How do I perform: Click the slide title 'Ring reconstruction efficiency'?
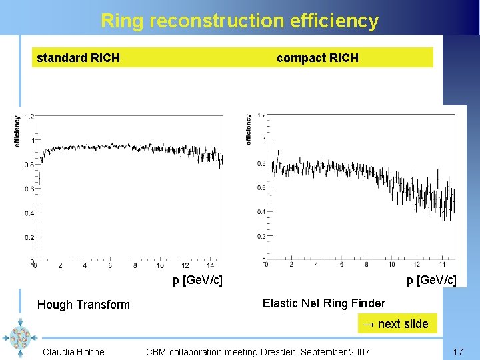click(239, 21)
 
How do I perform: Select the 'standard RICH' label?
click(78, 58)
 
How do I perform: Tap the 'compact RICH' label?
click(317, 58)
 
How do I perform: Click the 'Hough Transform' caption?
click(83, 305)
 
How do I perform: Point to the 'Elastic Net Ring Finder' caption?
click(323, 303)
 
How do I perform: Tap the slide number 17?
click(457, 351)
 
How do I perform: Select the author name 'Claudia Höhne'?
click(73, 351)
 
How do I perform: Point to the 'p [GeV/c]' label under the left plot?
click(197, 279)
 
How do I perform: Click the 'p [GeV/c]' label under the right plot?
click(431, 279)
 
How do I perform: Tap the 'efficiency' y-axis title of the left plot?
click(17, 131)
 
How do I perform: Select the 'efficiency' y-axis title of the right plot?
click(249, 129)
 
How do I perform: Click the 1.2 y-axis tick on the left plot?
click(29, 117)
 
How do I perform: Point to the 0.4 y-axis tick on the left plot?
click(29, 213)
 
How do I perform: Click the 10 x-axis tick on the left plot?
click(160, 266)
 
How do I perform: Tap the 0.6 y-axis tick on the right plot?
click(261, 188)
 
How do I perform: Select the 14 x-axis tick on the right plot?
click(441, 265)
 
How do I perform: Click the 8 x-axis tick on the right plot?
click(366, 265)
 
